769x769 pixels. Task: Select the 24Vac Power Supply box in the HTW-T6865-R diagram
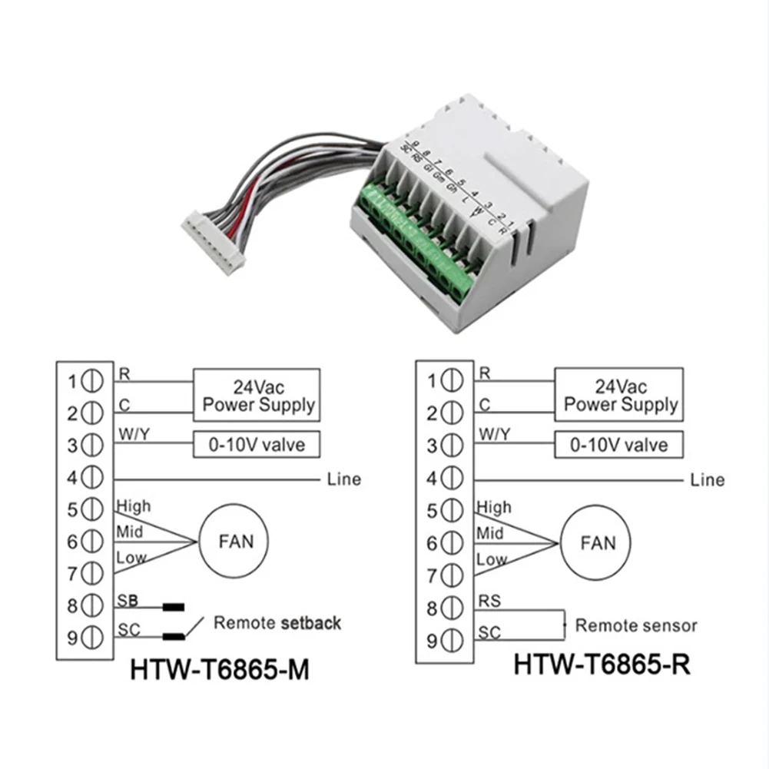620,396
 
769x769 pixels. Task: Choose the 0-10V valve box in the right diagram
620,445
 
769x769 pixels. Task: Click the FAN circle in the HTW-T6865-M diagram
236,541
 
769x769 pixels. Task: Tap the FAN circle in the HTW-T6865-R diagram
598,542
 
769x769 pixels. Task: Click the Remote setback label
277,622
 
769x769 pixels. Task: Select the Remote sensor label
636,625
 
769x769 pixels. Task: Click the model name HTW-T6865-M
220,669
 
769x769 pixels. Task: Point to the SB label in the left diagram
128,599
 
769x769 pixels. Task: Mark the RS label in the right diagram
489,601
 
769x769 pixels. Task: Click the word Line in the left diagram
343,479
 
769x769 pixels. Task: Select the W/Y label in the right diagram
493,435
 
